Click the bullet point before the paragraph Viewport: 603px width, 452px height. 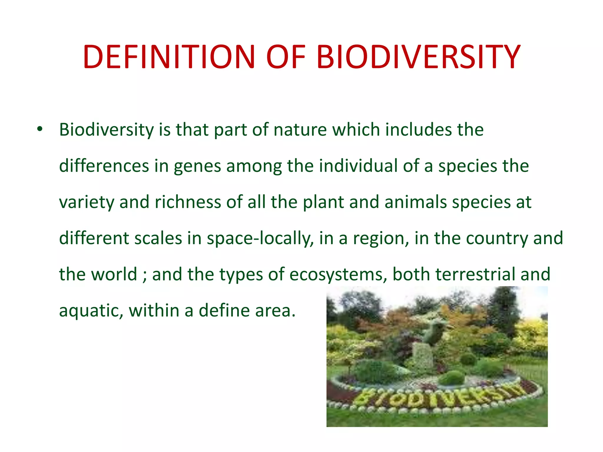point(40,129)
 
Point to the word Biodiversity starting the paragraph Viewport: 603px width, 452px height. point(106,130)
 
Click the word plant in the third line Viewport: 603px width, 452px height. point(323,203)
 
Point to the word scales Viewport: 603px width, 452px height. point(158,238)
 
